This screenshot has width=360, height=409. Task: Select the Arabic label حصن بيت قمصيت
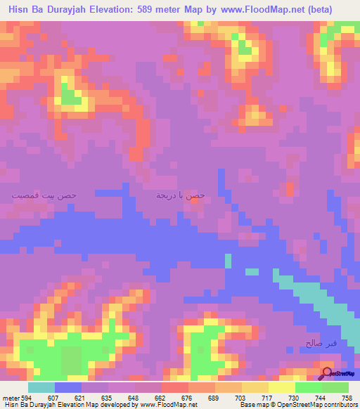(x=44, y=193)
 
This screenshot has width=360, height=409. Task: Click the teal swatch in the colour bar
(x=41, y=388)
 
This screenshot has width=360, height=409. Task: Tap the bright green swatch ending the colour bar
(x=335, y=388)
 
